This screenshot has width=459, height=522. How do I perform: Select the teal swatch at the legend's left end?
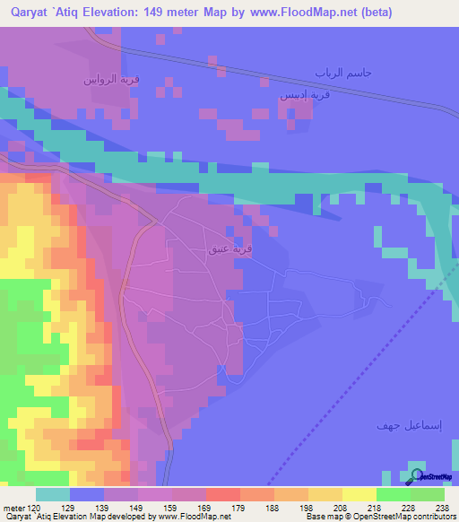[53, 494]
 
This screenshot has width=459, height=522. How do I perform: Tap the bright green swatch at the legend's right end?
[427, 494]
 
